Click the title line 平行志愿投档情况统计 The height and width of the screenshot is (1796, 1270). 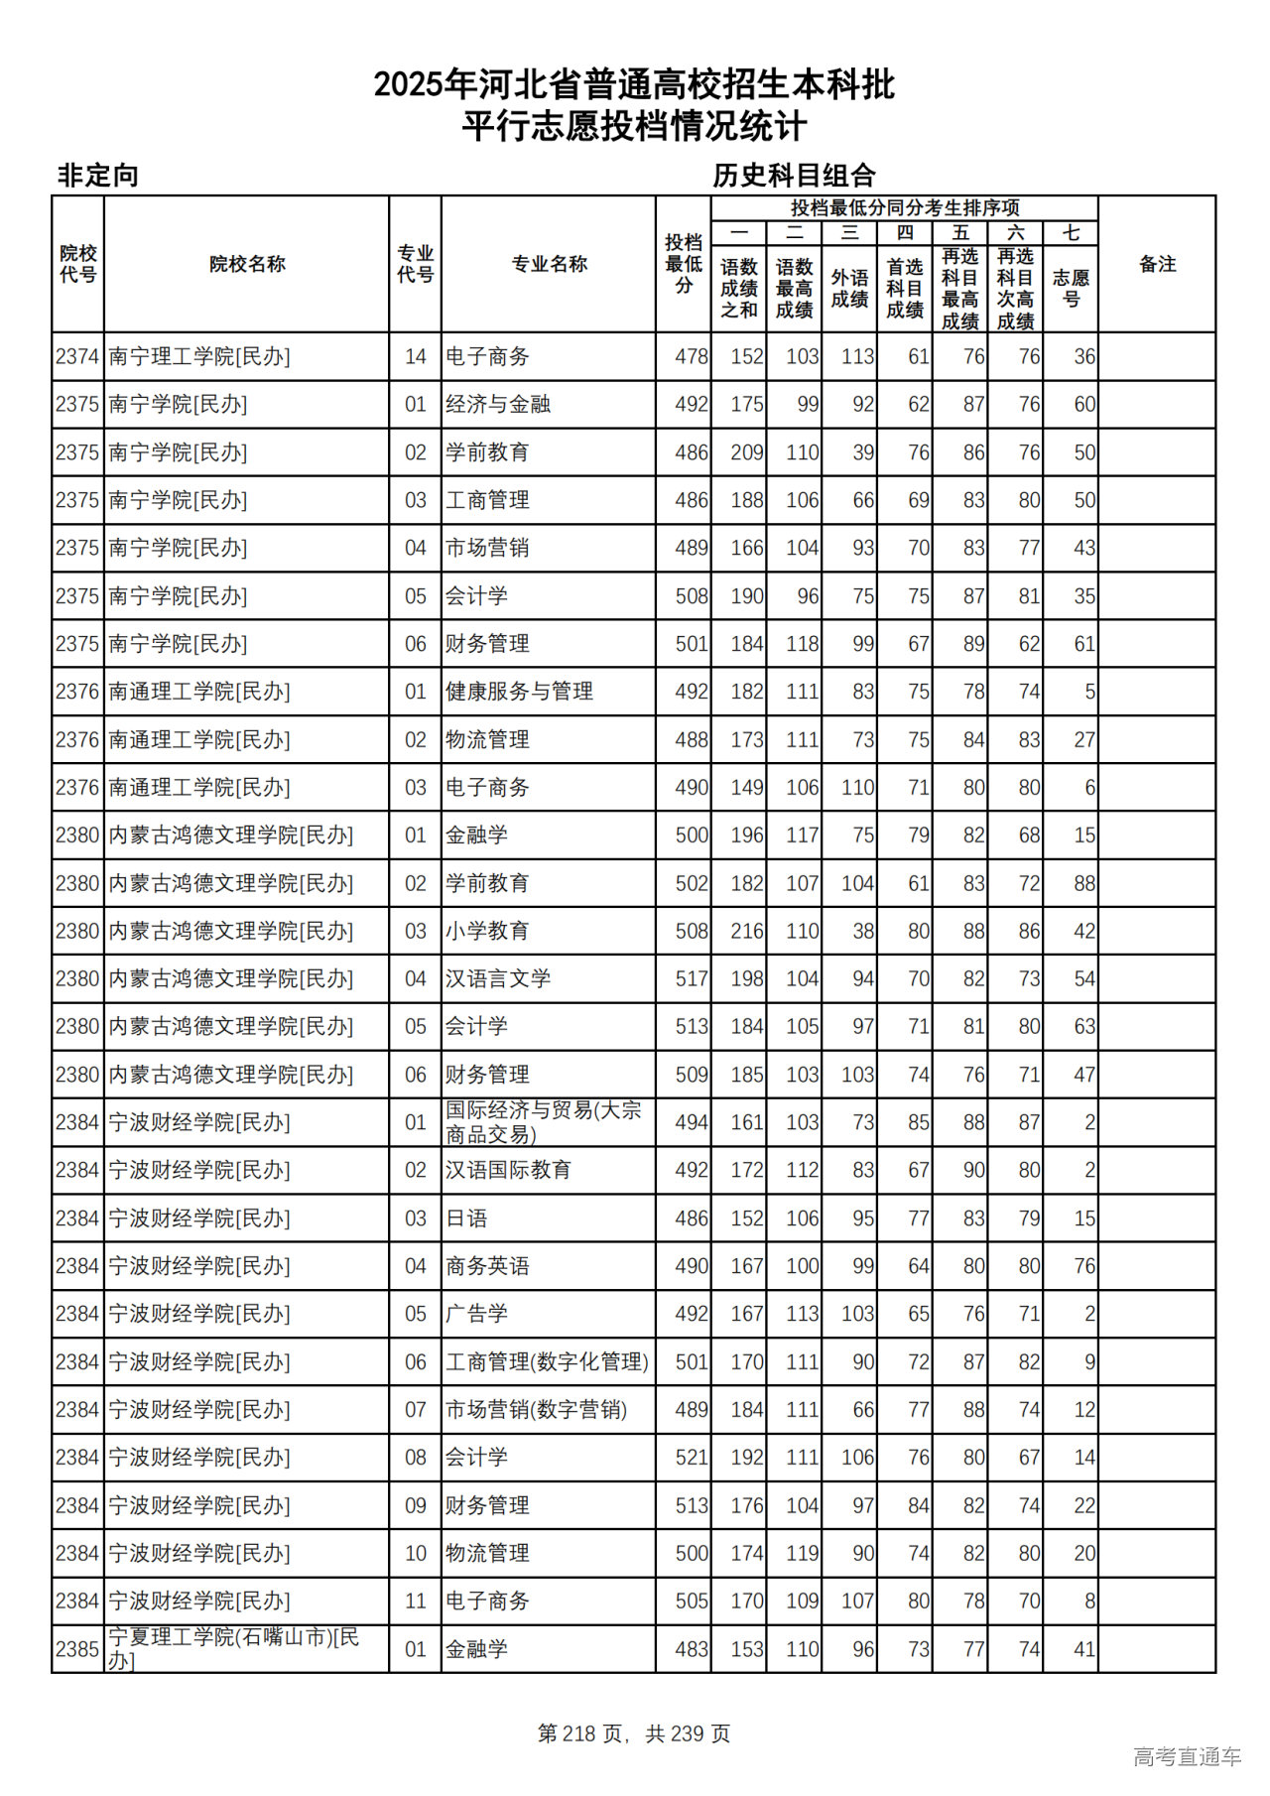click(x=634, y=127)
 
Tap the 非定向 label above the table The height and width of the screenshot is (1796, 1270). click(x=97, y=176)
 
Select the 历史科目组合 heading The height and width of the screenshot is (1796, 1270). click(x=794, y=176)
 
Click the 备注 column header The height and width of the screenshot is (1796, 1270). click(x=1157, y=264)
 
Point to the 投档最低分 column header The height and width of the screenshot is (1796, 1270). click(x=684, y=264)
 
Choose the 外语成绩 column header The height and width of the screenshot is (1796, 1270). click(x=849, y=288)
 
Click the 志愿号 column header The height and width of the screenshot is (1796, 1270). click(x=1071, y=288)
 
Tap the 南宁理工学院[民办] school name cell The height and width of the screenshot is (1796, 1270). click(x=199, y=356)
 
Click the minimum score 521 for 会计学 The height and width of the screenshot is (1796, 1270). click(x=692, y=1458)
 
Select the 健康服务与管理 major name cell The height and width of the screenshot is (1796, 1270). click(x=519, y=692)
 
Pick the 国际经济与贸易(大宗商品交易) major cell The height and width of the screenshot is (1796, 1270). click(x=543, y=1122)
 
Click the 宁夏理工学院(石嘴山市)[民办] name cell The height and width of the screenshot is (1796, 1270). click(x=234, y=1648)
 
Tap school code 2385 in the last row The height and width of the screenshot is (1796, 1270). click(x=77, y=1649)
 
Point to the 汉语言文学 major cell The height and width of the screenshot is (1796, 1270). click(x=498, y=978)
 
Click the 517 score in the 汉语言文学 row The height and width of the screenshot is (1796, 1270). click(x=692, y=978)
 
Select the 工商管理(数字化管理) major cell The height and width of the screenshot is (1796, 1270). click(x=547, y=1362)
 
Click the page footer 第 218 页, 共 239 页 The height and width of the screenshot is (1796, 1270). click(x=634, y=1733)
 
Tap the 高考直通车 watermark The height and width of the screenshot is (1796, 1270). click(x=1187, y=1756)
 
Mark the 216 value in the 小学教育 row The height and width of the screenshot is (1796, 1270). click(x=746, y=931)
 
